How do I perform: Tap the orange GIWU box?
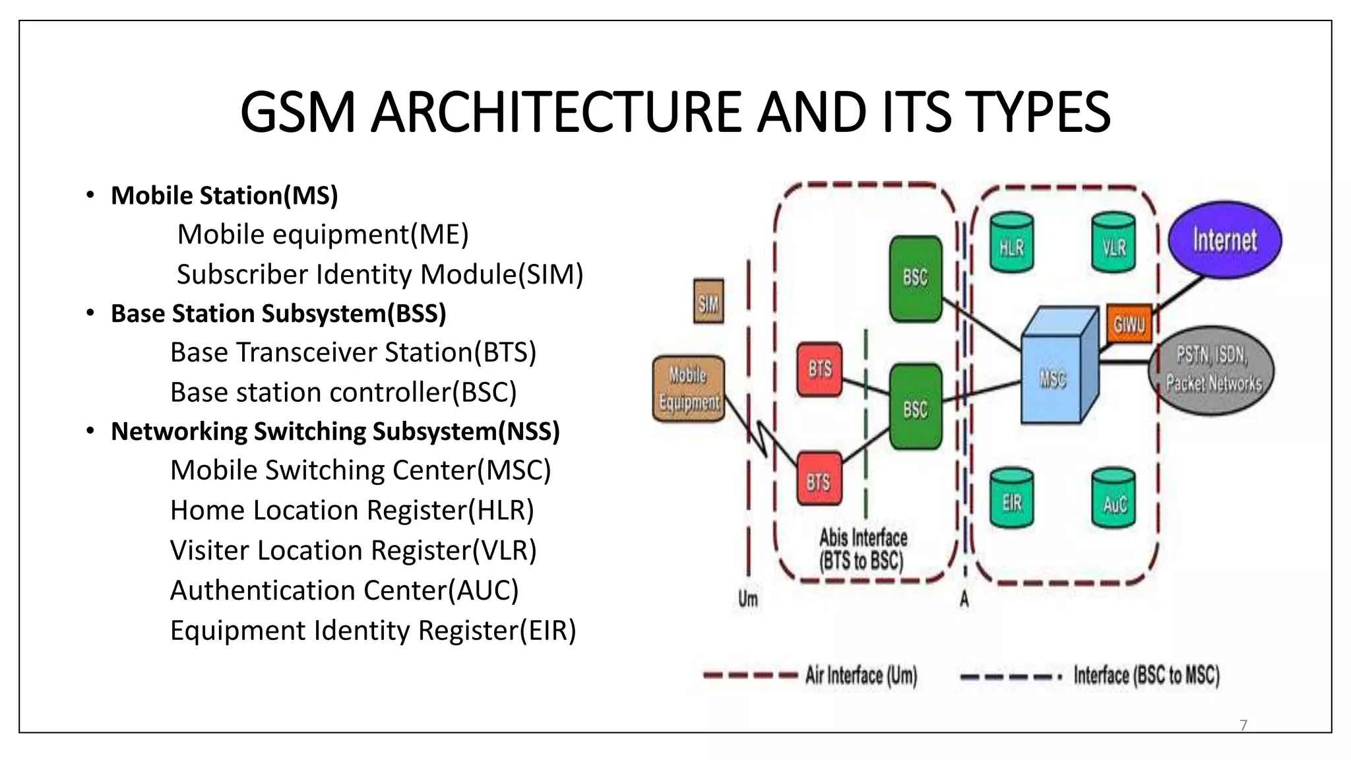click(1129, 324)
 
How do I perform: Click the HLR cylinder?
click(1011, 243)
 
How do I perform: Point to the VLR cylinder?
click(1114, 243)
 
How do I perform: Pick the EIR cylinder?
click(1011, 499)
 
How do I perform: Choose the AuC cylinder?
click(1114, 500)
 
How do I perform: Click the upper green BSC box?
click(916, 278)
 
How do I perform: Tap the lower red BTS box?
click(819, 480)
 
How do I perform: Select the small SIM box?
click(708, 302)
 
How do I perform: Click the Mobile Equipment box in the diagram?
click(688, 389)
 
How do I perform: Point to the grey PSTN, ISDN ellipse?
click(1212, 370)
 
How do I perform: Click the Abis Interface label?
click(862, 549)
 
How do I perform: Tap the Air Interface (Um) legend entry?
click(861, 676)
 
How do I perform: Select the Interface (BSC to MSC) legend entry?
click(1146, 676)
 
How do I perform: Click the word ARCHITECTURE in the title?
click(557, 112)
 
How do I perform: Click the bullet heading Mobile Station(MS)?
click(224, 196)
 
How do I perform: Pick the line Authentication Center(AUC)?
click(344, 590)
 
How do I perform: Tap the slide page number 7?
click(1243, 725)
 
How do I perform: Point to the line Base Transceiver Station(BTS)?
click(353, 352)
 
